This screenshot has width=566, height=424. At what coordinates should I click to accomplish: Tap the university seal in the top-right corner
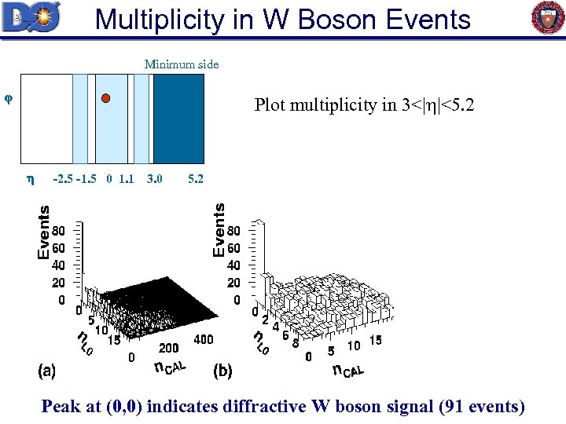(x=548, y=18)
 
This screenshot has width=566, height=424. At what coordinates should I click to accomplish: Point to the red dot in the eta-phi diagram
(x=106, y=98)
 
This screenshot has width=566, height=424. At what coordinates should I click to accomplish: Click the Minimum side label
(x=182, y=64)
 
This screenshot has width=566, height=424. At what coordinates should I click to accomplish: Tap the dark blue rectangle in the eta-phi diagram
(x=178, y=118)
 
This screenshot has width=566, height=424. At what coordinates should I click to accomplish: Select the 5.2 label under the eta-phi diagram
(x=196, y=180)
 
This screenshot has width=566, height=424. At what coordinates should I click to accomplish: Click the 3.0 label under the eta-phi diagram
(x=155, y=180)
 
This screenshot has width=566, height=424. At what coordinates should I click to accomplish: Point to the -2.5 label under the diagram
(x=62, y=180)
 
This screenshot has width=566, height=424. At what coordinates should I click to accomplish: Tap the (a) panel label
(x=46, y=370)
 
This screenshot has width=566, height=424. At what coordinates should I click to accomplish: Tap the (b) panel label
(x=223, y=370)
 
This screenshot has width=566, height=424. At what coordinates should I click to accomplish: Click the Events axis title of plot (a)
(x=45, y=232)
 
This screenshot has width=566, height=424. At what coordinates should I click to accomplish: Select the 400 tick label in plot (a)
(x=202, y=338)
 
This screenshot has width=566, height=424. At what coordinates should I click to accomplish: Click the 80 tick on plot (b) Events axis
(x=233, y=232)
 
